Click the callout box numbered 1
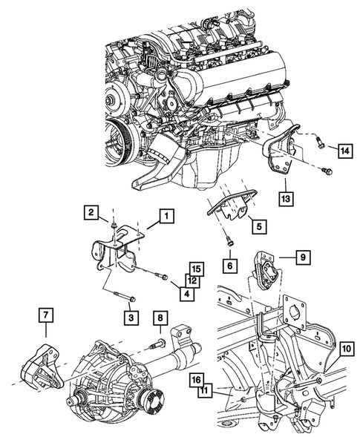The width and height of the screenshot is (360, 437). click(x=166, y=217)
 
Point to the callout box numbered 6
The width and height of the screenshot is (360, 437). click(x=231, y=263)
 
